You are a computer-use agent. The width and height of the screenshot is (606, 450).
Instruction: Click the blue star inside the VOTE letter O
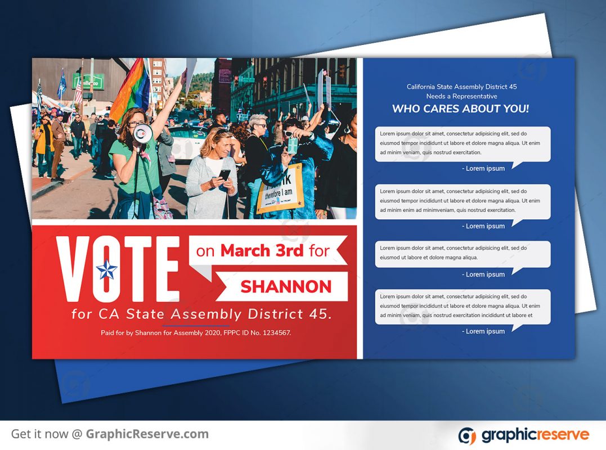tap(107, 269)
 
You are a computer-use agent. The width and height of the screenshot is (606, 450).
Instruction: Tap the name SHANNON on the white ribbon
tap(286, 287)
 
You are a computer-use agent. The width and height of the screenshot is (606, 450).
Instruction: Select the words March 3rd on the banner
tap(262, 251)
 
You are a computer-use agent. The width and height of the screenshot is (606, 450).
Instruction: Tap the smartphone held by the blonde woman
tap(225, 174)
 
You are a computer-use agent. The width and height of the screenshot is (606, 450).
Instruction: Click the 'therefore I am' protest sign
tap(280, 189)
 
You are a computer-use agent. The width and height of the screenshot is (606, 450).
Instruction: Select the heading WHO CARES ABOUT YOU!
tap(460, 109)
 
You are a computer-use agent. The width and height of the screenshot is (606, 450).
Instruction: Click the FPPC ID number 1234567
tap(276, 332)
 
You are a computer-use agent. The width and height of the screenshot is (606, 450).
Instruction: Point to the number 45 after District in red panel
tap(320, 314)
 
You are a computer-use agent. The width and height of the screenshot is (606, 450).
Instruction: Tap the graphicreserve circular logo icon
tap(467, 436)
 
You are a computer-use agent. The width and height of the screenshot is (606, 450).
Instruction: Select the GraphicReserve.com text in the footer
tap(147, 434)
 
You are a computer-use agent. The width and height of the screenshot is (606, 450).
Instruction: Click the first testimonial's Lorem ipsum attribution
tap(483, 168)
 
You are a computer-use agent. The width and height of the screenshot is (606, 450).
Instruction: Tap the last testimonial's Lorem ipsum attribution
tap(483, 331)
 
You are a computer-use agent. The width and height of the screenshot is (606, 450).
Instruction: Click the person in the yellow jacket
tap(44, 145)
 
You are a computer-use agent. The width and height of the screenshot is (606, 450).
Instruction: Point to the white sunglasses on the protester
tap(288, 134)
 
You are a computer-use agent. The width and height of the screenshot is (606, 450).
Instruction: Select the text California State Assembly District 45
tap(461, 87)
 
